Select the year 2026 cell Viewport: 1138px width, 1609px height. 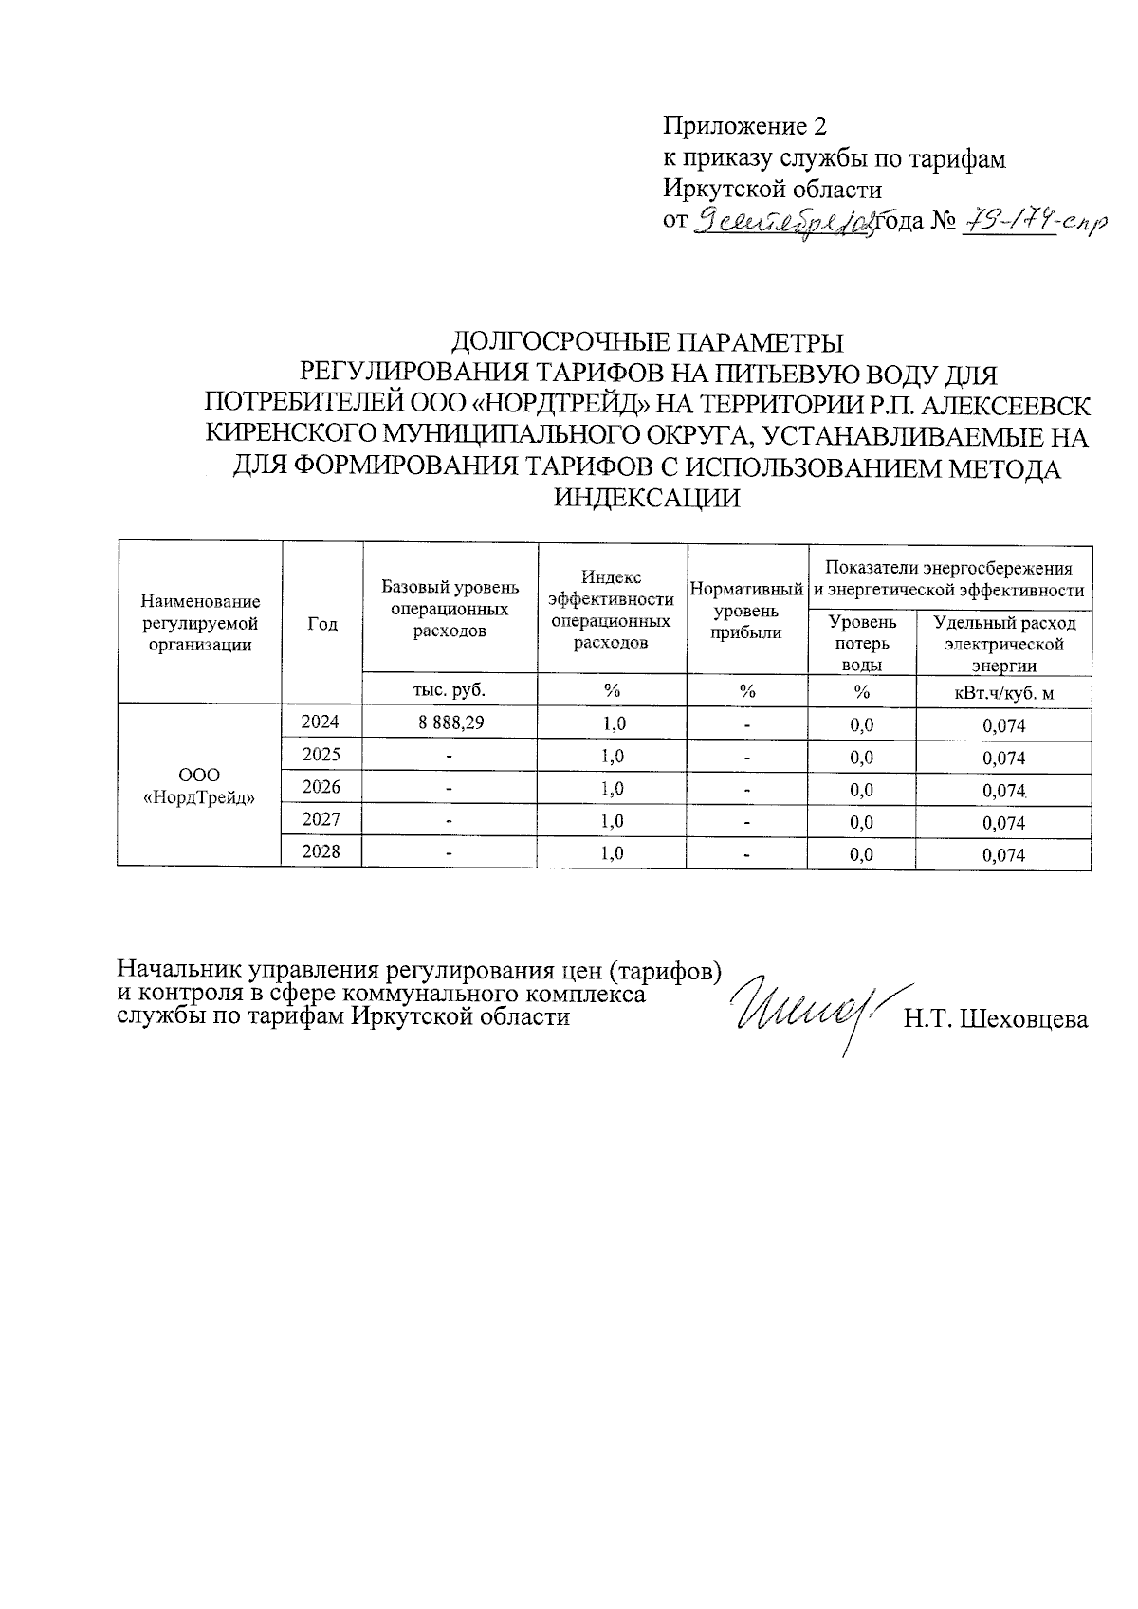pos(321,787)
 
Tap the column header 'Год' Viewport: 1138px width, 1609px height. pos(322,623)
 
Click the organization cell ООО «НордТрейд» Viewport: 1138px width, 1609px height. pos(199,786)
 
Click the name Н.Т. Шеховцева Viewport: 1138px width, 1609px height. pos(996,1019)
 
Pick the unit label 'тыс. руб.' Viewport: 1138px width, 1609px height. pos(450,689)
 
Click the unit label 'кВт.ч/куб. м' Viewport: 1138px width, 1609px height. pos(1003,693)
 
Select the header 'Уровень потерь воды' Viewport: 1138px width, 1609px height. pos(861,643)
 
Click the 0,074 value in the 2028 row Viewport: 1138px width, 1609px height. pos(1003,855)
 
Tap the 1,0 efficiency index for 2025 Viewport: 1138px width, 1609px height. pos(613,756)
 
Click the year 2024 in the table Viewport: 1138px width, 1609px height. pos(321,722)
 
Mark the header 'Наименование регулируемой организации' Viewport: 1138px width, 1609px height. pos(199,623)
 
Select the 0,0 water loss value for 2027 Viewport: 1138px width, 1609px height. pos(861,822)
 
